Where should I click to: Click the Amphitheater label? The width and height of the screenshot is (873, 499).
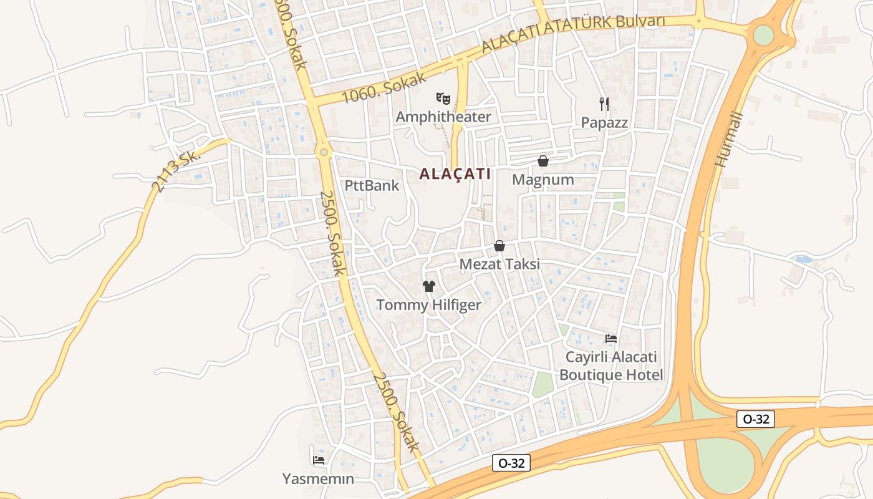coord(443,117)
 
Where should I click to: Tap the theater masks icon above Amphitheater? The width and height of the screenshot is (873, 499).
coord(443,98)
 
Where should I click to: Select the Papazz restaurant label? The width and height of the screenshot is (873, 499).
coord(604,122)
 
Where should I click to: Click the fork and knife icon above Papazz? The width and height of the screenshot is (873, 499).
coord(604,104)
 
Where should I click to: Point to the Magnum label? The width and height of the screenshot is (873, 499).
coord(543,180)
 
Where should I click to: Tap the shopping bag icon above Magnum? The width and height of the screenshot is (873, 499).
coord(543,161)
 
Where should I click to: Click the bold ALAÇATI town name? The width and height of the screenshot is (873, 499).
coord(455,174)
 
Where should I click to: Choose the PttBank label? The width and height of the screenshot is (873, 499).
coord(372,185)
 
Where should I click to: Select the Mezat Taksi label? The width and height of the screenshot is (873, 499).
coord(499,264)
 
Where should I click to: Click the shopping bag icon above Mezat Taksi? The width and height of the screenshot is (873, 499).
coord(499,246)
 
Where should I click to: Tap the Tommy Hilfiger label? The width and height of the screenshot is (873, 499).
coord(428,305)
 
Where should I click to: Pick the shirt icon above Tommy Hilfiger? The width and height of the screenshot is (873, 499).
coord(429,286)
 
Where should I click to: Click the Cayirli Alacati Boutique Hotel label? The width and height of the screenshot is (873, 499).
coord(611,366)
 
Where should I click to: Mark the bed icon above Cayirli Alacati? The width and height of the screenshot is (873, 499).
coord(611,339)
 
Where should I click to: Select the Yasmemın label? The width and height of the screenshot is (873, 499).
coord(318,479)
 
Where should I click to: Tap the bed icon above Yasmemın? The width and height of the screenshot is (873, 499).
coord(319,460)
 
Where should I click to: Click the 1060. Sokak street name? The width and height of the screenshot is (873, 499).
coord(384,88)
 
